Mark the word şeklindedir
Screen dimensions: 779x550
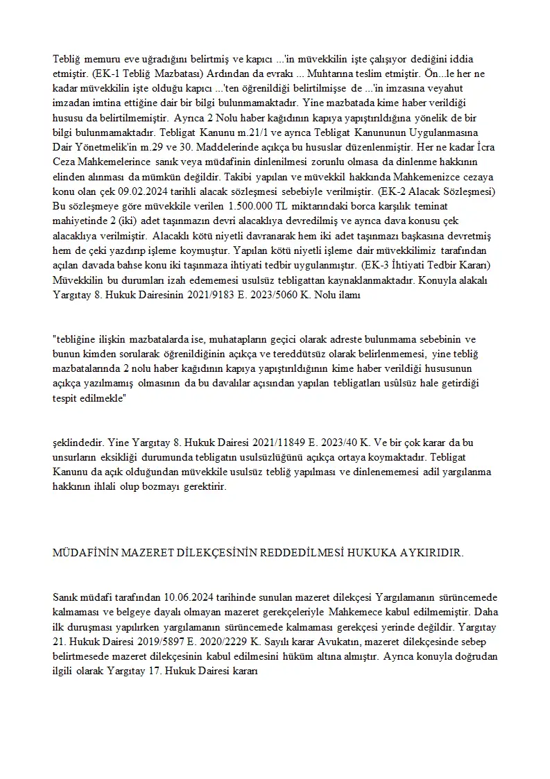point(78,442)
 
